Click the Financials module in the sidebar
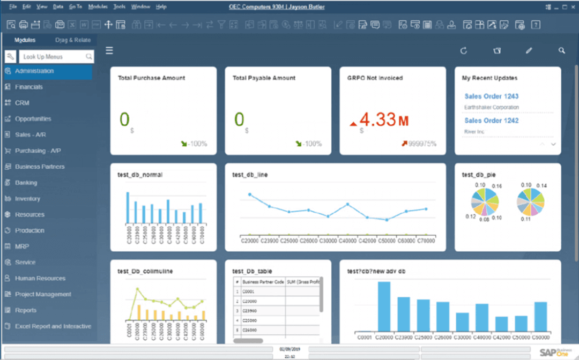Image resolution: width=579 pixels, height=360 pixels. [29, 87]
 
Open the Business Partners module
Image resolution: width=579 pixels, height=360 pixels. [40, 167]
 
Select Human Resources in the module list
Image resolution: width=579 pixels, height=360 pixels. [40, 279]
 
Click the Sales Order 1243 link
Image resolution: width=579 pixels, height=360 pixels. [491, 96]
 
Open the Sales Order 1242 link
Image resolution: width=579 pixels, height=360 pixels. [491, 121]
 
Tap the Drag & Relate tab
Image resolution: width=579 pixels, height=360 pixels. [73, 40]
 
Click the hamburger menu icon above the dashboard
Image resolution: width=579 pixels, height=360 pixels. [109, 51]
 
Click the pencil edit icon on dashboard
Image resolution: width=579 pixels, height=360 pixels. [529, 51]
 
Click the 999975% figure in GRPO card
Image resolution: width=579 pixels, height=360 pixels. [422, 144]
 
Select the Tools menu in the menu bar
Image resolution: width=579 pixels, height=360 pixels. [119, 7]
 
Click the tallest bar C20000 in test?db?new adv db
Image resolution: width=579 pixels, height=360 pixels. [384, 306]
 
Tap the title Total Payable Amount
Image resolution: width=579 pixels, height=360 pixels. [264, 78]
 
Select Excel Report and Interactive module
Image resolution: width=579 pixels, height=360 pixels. [53, 326]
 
